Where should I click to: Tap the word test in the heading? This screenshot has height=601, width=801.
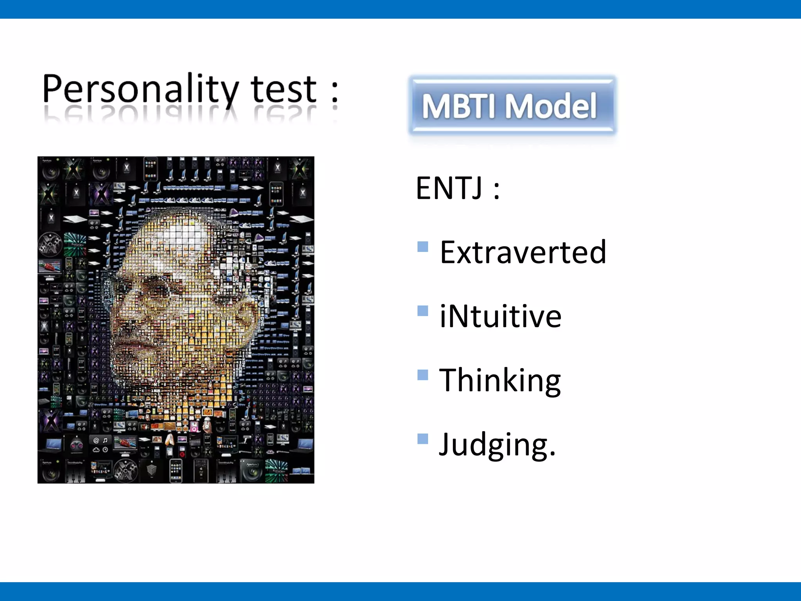(x=283, y=89)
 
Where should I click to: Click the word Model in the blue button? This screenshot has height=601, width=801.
(x=551, y=106)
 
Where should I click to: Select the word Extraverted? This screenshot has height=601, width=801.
(x=523, y=252)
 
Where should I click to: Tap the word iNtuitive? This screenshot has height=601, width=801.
(x=500, y=316)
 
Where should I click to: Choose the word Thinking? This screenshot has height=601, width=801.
(x=500, y=381)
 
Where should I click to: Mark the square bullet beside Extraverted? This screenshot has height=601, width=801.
(x=422, y=247)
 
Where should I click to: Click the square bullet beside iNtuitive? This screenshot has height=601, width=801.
(x=422, y=311)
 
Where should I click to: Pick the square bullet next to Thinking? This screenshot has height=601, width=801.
(x=422, y=375)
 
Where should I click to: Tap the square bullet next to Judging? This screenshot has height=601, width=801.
(x=422, y=439)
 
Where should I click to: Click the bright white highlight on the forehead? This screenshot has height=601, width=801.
(x=184, y=235)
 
